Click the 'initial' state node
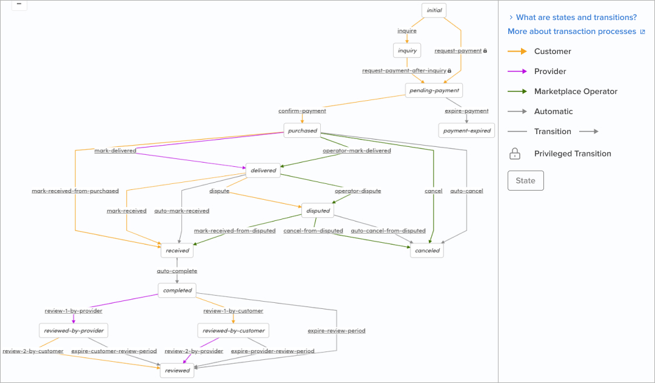[x=434, y=10]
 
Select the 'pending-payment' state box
[x=434, y=90]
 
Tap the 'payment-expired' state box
[x=466, y=130]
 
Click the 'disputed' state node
[x=318, y=211]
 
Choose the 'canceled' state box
[x=426, y=251]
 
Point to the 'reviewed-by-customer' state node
[x=233, y=331]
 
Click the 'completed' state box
[x=177, y=291]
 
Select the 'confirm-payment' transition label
[x=302, y=111]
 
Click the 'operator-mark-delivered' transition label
[x=357, y=151]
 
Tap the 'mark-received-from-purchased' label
[x=75, y=191]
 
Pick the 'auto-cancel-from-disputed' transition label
[x=388, y=231]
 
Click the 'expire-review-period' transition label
[x=337, y=331]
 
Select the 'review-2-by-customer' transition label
[x=33, y=351]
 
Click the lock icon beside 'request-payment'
[x=485, y=51]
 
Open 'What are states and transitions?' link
[x=576, y=18]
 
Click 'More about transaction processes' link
[x=572, y=32]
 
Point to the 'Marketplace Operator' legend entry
[x=576, y=92]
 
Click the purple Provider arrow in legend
[x=517, y=72]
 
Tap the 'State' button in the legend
[x=525, y=181]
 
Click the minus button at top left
[x=19, y=4]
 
